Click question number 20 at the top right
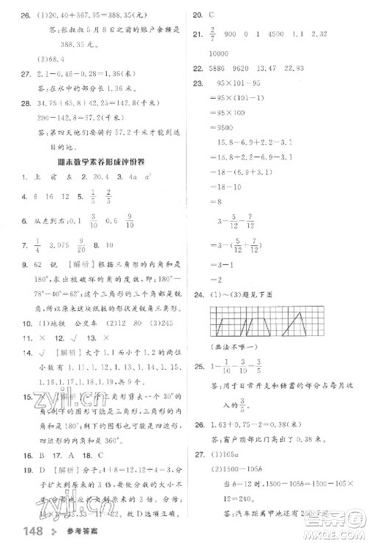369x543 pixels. [x=197, y=14]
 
